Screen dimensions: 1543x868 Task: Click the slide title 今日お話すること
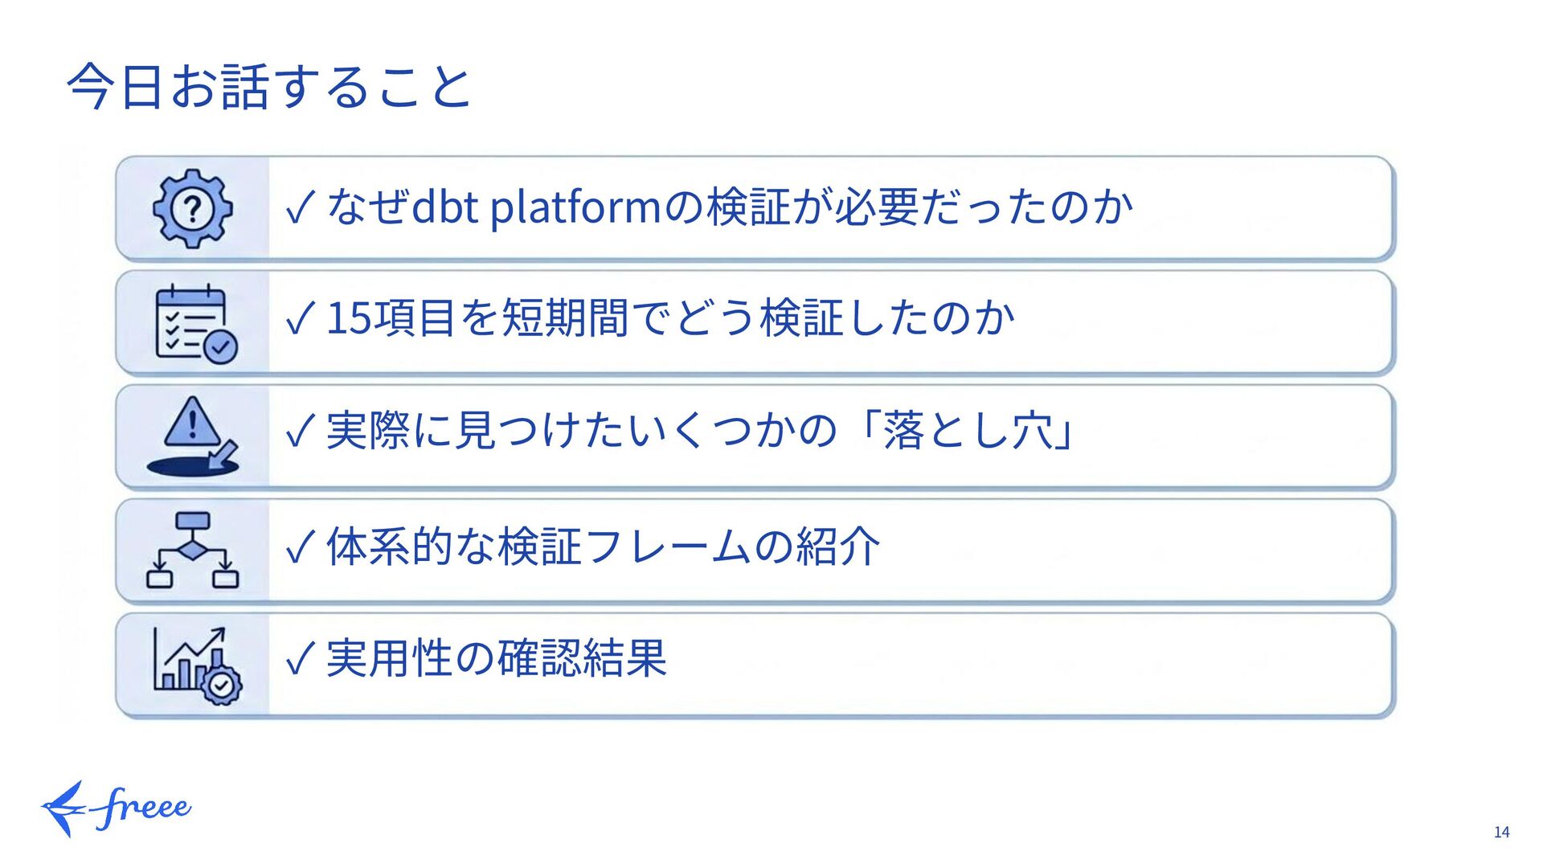(x=268, y=87)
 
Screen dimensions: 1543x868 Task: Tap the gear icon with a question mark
(x=193, y=209)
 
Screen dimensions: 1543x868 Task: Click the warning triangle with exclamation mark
(x=191, y=422)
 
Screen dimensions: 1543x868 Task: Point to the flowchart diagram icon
(x=193, y=551)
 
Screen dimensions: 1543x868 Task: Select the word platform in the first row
(x=575, y=207)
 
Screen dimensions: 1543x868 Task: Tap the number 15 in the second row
(x=349, y=318)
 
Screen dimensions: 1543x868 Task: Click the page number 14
(x=1501, y=833)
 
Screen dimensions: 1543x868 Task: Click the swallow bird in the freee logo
(x=64, y=809)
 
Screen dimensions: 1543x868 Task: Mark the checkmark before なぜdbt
(x=300, y=208)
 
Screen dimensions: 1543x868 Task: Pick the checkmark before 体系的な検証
(x=300, y=548)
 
